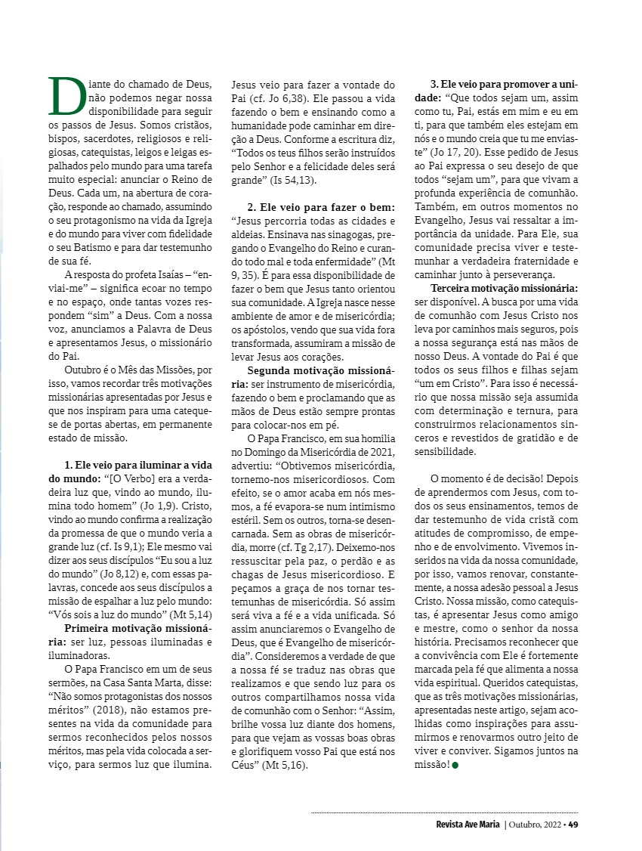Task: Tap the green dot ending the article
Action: click(455, 765)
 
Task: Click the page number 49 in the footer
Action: click(573, 824)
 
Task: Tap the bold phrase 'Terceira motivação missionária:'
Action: click(505, 289)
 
